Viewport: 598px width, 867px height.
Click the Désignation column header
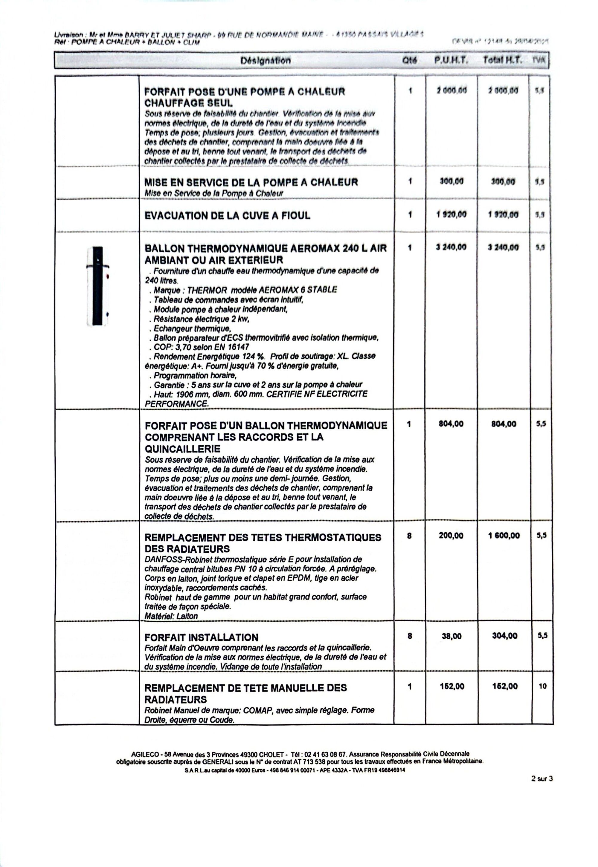[x=266, y=60]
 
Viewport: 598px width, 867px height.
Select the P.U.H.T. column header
[x=451, y=60]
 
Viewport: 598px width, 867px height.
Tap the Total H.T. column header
[x=502, y=60]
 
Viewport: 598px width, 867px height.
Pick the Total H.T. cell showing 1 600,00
[x=504, y=536]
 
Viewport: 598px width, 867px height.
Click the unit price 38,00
[x=451, y=636]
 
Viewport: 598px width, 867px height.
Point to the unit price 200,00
[x=451, y=536]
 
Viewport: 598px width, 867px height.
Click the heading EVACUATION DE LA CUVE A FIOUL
[x=227, y=216]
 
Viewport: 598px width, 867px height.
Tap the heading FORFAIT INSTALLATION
[x=201, y=637]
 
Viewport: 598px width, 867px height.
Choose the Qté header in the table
[x=410, y=60]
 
